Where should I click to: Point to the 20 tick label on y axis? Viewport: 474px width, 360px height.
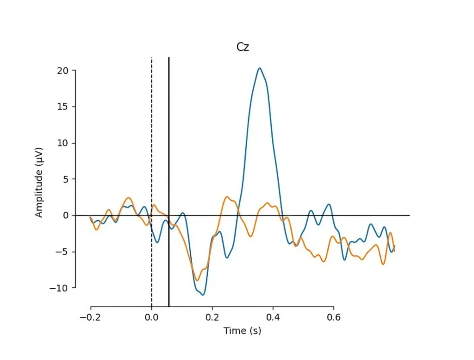[63, 70]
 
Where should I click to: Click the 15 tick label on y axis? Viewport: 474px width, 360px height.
[63, 107]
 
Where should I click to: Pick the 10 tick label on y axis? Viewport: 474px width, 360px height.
[63, 143]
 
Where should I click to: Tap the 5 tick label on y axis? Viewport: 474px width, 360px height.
[66, 179]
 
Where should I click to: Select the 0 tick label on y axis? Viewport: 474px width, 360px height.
[66, 215]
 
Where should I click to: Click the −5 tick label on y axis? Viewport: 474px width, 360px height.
[62, 252]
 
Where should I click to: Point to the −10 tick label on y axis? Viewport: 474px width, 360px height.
[59, 288]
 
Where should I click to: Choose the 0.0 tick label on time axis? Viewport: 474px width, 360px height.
[151, 317]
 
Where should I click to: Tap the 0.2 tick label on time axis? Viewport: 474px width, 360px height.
[212, 317]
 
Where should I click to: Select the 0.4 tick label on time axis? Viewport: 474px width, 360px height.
[273, 317]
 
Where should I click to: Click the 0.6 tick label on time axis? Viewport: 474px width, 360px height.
[334, 317]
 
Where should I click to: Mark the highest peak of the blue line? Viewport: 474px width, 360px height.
[260, 68]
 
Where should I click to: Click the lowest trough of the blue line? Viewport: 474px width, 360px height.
[203, 295]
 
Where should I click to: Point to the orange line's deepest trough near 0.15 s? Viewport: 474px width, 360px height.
[197, 280]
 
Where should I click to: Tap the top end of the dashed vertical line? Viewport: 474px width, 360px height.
[152, 58]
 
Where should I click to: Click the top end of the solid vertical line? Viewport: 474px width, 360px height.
[169, 58]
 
